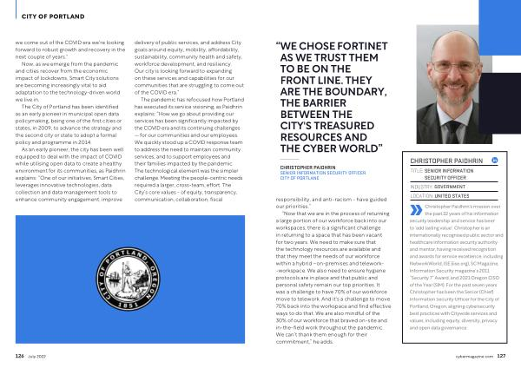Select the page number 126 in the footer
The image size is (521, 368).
coord(20,354)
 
